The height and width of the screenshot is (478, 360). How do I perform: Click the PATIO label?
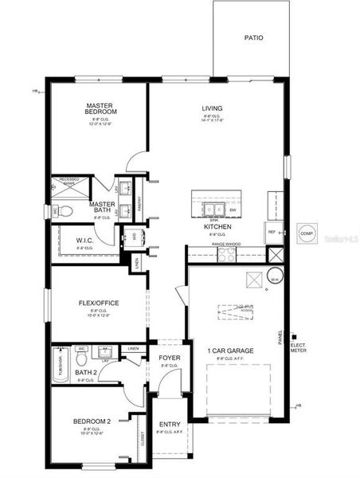point(254,37)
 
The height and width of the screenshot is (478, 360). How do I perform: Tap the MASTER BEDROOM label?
point(102,108)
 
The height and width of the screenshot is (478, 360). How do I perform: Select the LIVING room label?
point(212,108)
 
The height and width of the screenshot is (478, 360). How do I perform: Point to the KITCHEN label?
point(217,226)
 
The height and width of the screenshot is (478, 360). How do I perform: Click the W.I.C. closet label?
point(86,241)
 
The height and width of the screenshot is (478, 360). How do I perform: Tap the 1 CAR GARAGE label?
point(230,351)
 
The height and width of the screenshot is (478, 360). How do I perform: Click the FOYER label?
point(169,358)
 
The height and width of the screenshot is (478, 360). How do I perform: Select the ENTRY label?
point(170,424)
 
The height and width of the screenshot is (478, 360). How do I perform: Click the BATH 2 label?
point(85,373)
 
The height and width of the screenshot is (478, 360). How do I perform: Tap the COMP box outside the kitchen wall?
point(307,233)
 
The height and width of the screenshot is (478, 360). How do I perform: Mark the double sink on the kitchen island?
point(212,210)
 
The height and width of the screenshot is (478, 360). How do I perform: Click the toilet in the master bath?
point(65,211)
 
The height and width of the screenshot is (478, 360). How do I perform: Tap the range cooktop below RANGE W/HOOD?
point(227,254)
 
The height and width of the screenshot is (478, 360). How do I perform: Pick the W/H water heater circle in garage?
point(274,278)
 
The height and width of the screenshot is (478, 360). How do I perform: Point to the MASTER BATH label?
point(102,207)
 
